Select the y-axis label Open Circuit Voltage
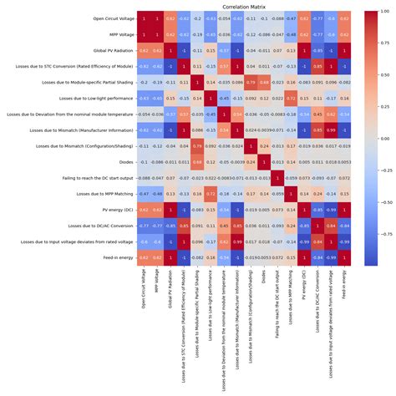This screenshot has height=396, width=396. click(x=97, y=18)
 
